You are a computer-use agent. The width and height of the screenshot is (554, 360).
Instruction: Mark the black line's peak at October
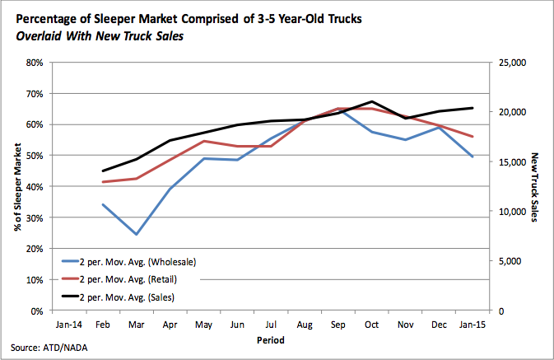pos(373,101)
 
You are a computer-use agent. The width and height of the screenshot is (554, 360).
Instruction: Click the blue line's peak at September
pos(339,108)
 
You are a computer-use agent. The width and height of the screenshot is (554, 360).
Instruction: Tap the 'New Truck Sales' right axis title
pos(537,187)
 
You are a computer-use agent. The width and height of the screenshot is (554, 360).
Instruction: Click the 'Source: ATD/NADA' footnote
pos(50,348)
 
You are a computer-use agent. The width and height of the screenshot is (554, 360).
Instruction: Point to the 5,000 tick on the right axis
pos(511,261)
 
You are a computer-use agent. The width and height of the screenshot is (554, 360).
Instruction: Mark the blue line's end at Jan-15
pos(472,157)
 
